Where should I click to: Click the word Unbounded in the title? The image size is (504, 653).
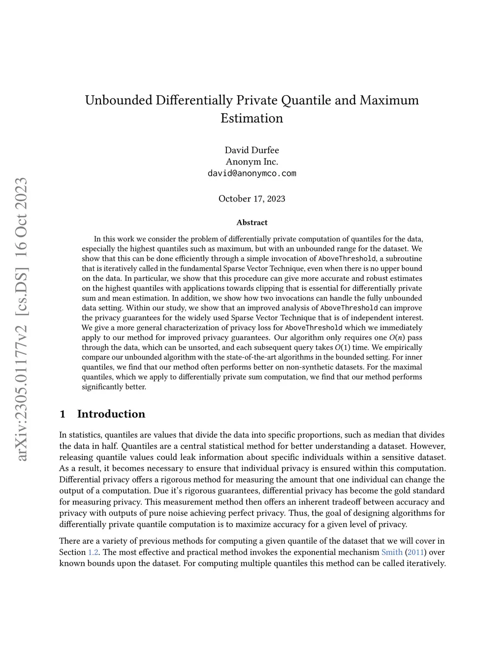118,100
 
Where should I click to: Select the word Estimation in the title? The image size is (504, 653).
252,118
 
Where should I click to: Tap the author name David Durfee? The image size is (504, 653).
252,150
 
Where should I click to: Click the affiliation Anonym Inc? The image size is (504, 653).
252,162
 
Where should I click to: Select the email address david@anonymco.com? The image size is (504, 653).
252,173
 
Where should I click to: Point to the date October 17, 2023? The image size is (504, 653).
252,199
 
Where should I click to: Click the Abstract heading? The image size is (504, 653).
252,223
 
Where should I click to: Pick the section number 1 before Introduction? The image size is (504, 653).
63,414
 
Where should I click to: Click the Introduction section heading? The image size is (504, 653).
111,414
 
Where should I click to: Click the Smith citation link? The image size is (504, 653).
392,552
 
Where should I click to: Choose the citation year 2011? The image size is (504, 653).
416,552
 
